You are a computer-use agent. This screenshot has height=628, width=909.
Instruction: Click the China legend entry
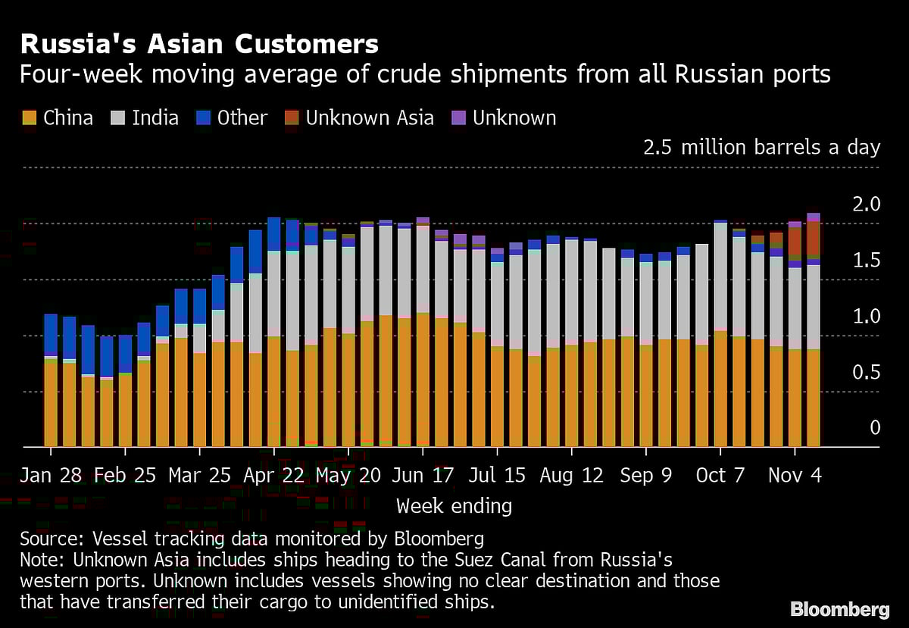tap(58, 118)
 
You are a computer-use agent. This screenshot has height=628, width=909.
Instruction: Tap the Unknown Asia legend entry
tap(359, 118)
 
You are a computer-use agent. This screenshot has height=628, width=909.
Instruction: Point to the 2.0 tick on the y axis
tap(866, 205)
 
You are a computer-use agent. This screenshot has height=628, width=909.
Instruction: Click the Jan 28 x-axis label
tap(50, 475)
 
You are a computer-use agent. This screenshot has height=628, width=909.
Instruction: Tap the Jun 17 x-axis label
tap(423, 475)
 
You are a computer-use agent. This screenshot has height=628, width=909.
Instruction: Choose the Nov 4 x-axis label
tap(795, 475)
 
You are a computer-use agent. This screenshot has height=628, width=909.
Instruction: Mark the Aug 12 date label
tap(571, 475)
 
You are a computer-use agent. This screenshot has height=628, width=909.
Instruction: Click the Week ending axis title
tap(454, 505)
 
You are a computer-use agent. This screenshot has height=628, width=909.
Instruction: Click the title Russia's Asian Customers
tap(199, 44)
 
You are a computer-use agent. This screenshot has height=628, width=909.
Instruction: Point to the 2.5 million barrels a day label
tap(761, 147)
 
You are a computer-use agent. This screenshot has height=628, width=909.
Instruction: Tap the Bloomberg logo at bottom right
tap(839, 609)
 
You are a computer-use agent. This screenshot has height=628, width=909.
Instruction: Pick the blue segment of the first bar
tap(51, 334)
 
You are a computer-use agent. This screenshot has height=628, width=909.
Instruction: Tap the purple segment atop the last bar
tap(813, 217)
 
